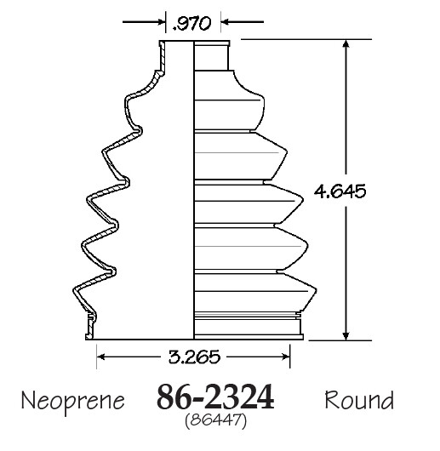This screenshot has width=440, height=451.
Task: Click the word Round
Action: [x=358, y=399]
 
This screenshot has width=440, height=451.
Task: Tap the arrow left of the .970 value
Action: [x=155, y=24]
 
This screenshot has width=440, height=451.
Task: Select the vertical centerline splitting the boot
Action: [x=195, y=187]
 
